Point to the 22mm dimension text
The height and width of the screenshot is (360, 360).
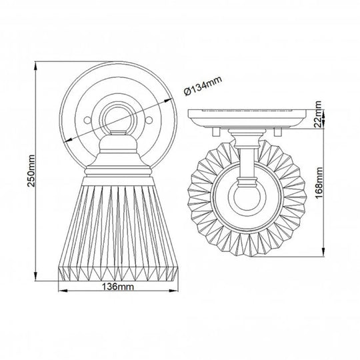[x=319, y=117]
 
